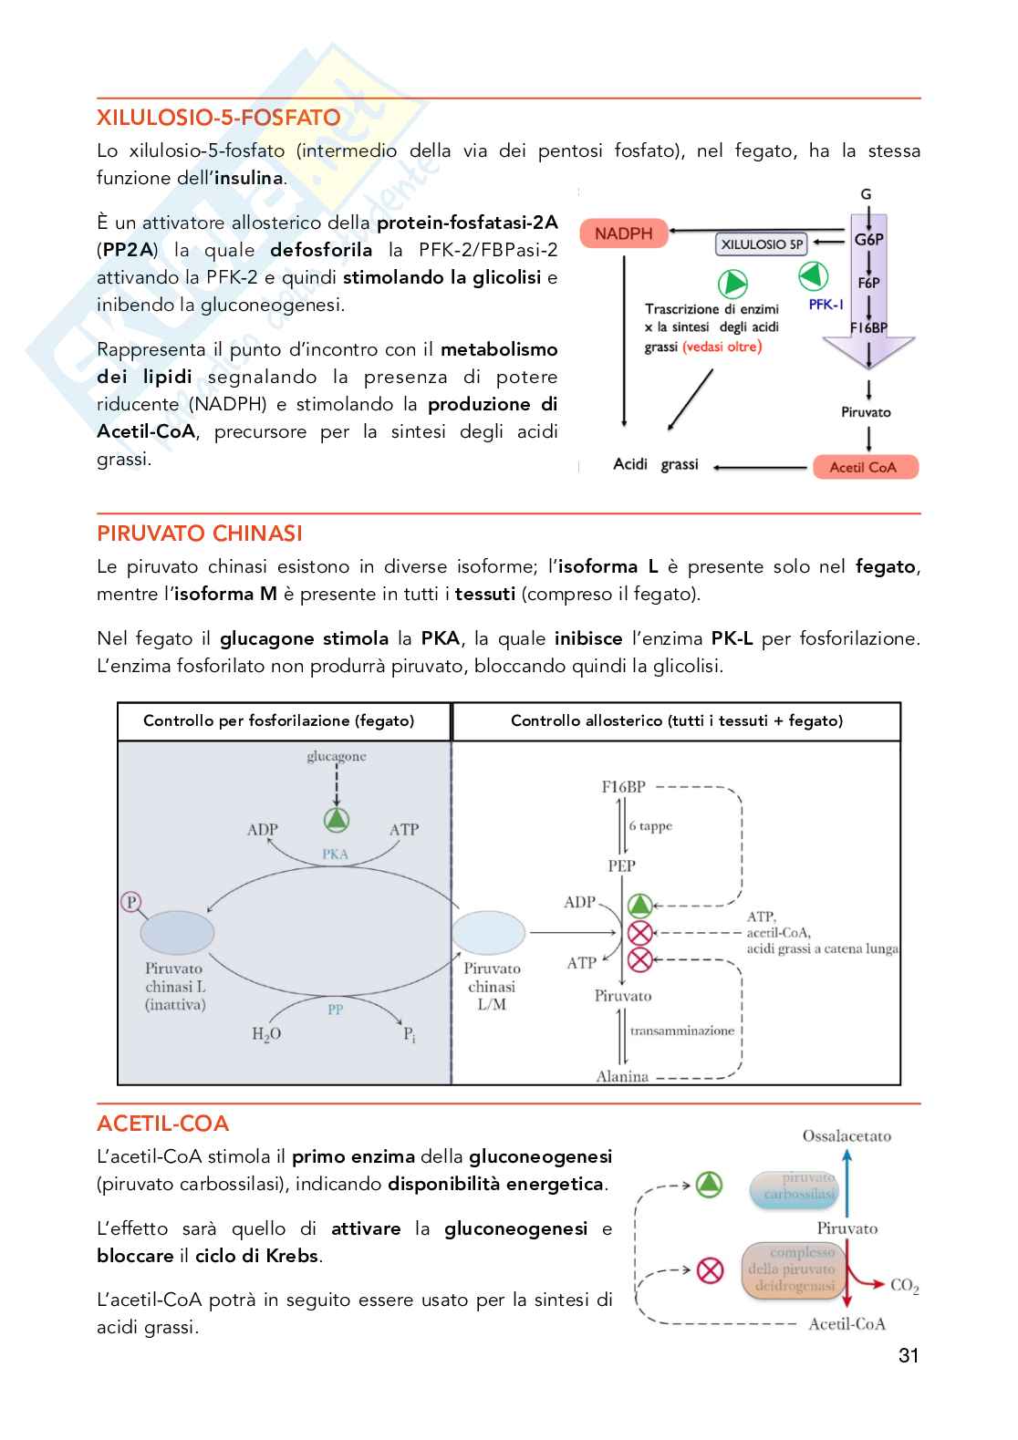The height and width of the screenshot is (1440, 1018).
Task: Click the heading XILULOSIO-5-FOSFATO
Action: (x=219, y=118)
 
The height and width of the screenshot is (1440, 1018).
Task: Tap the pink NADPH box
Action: (x=624, y=233)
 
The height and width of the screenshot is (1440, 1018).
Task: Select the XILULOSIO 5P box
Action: (x=762, y=244)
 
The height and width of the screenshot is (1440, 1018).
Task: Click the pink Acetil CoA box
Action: (x=864, y=467)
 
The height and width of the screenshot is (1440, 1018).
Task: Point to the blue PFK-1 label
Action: (x=826, y=305)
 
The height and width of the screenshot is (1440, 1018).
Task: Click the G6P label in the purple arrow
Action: (x=868, y=240)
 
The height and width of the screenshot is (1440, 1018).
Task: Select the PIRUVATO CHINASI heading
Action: (x=200, y=534)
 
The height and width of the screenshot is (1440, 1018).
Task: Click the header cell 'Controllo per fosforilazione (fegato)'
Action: (x=279, y=721)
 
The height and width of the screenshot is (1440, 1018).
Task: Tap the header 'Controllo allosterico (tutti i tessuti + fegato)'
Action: (x=676, y=721)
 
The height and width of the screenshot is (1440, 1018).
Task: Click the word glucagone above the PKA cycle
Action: (x=337, y=756)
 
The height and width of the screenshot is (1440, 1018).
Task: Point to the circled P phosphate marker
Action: (x=131, y=902)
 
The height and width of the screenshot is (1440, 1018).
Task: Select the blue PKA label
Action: (x=335, y=855)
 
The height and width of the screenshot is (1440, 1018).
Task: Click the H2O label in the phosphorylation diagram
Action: (x=266, y=1034)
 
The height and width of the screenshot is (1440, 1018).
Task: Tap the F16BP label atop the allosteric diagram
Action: (x=624, y=786)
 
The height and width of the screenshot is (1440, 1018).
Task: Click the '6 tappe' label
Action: (x=650, y=826)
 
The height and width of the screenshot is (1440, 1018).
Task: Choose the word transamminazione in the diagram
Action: (x=682, y=1031)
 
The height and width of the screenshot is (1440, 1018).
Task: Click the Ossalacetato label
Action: (x=847, y=1136)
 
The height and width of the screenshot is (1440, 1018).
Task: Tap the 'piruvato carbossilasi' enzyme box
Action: (x=794, y=1186)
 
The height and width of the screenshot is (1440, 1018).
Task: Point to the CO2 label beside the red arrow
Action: (x=904, y=1286)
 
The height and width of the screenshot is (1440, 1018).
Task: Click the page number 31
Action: (x=909, y=1356)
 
